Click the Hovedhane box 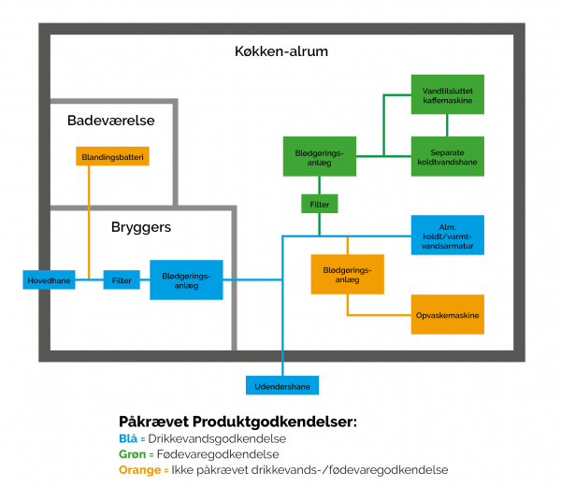[49, 279]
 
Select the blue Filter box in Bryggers [122, 279]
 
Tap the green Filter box [319, 203]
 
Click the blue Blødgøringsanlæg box [186, 279]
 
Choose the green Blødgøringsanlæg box [320, 156]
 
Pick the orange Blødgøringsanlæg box [347, 275]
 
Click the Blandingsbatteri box [113, 156]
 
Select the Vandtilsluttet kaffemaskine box [447, 94]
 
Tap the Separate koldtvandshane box [447, 155]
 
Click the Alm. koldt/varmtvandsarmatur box [447, 235]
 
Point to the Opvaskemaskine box [447, 316]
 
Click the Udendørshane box [281, 385]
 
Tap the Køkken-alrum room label [281, 52]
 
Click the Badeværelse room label [111, 121]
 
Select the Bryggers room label [141, 227]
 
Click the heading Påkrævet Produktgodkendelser [237, 422]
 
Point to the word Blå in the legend [129, 438]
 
